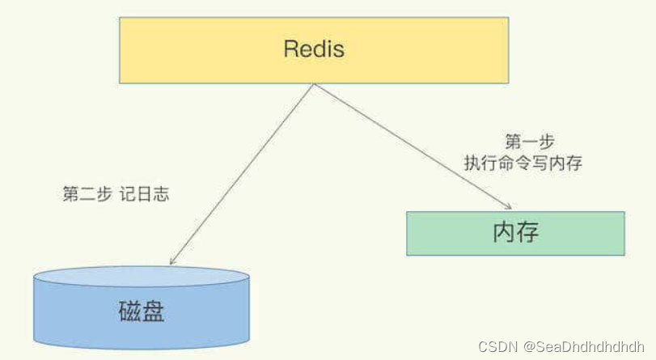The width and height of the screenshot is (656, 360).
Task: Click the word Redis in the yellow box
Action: click(314, 49)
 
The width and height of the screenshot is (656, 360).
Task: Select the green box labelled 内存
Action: click(515, 233)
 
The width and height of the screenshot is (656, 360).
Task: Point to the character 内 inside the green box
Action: click(504, 233)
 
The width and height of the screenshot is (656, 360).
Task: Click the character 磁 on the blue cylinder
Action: click(129, 312)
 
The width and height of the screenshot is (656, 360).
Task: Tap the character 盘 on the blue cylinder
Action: click(153, 312)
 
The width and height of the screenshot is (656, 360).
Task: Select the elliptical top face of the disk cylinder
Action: click(142, 277)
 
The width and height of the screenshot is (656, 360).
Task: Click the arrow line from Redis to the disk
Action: click(243, 174)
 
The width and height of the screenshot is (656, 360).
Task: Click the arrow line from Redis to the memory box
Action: click(413, 146)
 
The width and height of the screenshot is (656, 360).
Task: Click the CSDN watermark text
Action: click(497, 346)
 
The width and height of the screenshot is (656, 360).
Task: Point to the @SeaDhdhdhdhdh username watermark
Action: click(583, 346)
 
